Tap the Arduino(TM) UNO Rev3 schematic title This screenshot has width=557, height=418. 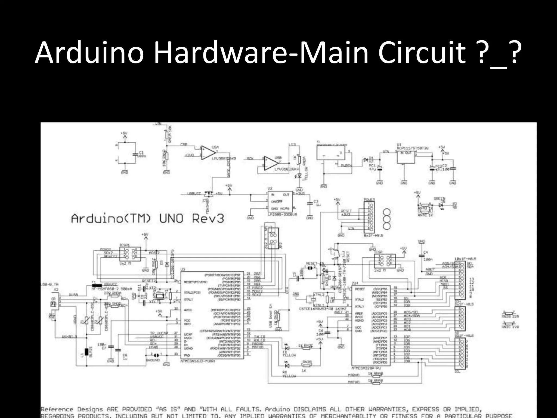click(147, 219)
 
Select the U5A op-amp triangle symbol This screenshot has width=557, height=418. click(208, 153)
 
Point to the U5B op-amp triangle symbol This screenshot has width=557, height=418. click(271, 163)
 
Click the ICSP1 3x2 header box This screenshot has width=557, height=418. click(130, 254)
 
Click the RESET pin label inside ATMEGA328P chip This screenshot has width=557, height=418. click(360, 289)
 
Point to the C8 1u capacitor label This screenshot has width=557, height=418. click(125, 357)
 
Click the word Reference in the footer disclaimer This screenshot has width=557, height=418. click(57, 409)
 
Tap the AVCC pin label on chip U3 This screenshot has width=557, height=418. click(188, 310)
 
